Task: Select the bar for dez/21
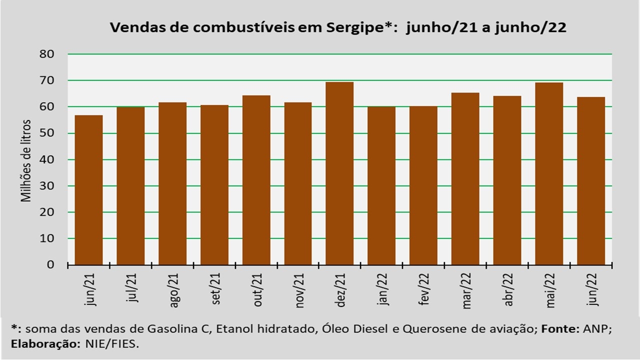339,173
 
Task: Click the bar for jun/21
88,190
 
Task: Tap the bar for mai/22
549,173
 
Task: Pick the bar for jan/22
381,185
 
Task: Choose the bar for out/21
256,180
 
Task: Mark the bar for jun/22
591,181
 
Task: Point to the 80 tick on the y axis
47,54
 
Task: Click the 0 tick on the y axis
50,265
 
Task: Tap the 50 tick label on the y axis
47,133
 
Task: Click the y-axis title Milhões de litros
25,161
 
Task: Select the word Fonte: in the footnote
560,329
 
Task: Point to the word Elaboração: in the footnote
45,344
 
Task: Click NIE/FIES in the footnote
112,344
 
